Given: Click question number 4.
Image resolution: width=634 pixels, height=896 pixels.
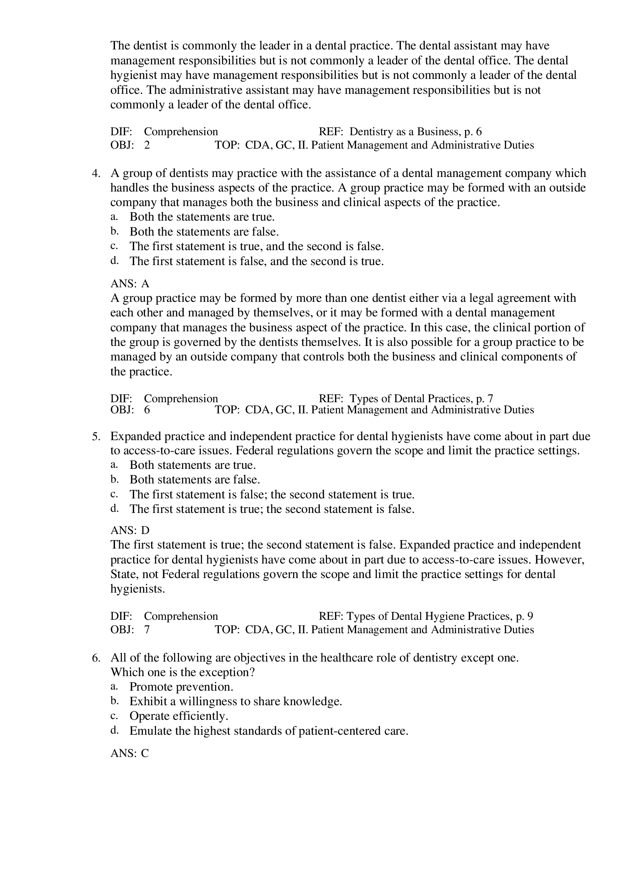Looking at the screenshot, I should click(x=96, y=173).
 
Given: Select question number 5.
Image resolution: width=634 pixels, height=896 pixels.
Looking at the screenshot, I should click(x=96, y=436).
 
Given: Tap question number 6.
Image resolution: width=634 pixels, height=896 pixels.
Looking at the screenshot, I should click(x=96, y=658).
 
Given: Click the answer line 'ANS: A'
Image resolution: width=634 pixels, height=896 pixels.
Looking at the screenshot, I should click(x=130, y=283).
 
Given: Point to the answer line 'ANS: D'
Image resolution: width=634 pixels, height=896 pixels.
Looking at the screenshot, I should click(x=130, y=530).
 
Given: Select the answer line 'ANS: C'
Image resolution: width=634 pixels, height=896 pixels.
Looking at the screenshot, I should click(x=130, y=753).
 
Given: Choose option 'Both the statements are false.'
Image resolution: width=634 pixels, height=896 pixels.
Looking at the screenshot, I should click(x=204, y=232).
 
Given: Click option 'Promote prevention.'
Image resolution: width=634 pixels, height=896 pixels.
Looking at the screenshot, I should click(x=181, y=687).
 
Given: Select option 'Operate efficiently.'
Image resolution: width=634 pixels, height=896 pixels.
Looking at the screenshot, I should click(x=179, y=716).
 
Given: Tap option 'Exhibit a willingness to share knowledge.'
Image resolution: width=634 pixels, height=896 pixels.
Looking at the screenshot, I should click(x=236, y=702).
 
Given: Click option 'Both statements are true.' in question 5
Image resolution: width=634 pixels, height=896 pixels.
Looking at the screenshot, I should click(x=192, y=465).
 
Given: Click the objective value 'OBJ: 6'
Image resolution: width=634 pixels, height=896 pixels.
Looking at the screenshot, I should click(x=130, y=410).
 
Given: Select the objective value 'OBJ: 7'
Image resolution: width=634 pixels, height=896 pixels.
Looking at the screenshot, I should click(x=130, y=630).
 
